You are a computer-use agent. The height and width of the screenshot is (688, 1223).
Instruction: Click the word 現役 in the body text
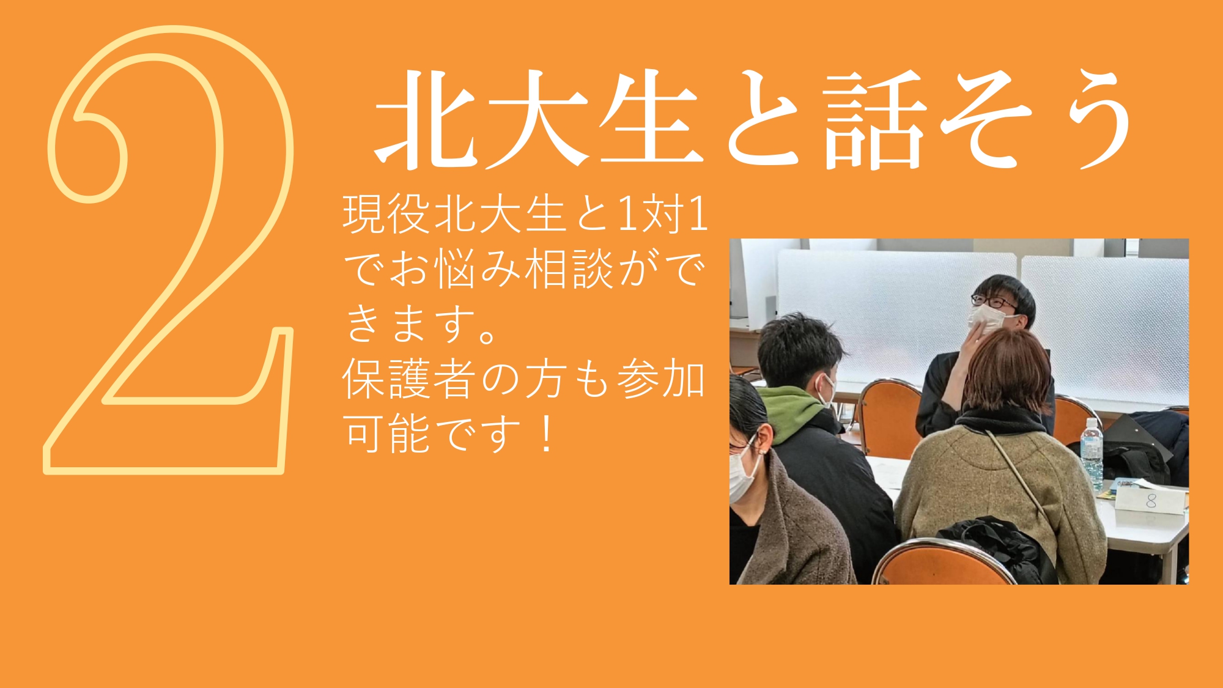pyautogui.click(x=386, y=215)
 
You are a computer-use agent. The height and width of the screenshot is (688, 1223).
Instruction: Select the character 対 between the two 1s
pyautogui.click(x=663, y=215)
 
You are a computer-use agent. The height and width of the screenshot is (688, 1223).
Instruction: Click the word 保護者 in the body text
pyautogui.click(x=409, y=379)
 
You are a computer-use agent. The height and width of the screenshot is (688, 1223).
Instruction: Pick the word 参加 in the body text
pyautogui.click(x=661, y=379)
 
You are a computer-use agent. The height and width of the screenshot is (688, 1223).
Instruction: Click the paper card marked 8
pyautogui.click(x=1150, y=501)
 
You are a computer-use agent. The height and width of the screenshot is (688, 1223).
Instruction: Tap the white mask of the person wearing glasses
pyautogui.click(x=986, y=320)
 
